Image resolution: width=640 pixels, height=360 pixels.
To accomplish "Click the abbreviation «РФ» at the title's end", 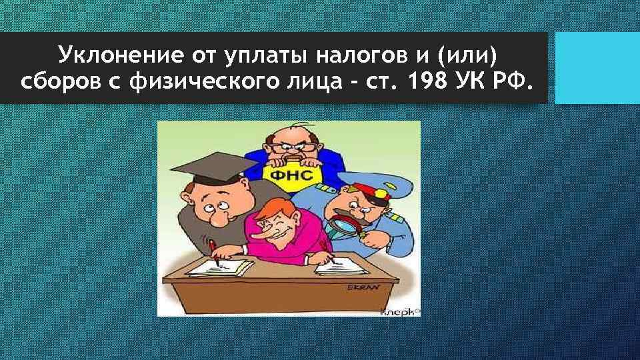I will click(514, 84).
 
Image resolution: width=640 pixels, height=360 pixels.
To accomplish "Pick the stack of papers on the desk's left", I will click(220, 267).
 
